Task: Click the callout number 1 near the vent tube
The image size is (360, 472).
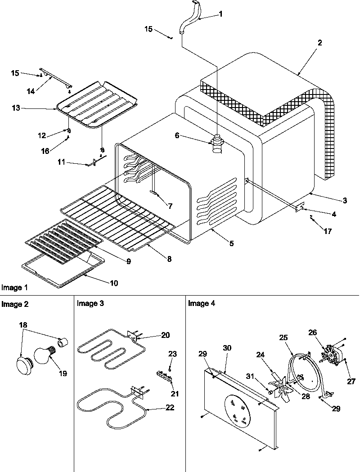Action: pos(220,14)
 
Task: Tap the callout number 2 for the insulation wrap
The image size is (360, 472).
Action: pos(319,43)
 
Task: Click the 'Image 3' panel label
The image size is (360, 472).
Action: pos(90,304)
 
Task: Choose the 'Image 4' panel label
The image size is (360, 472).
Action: pos(201,304)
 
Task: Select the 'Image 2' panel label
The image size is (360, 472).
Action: pos(15,304)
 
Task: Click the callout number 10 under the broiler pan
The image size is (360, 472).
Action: pos(114,283)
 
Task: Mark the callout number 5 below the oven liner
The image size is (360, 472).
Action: pos(231,243)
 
